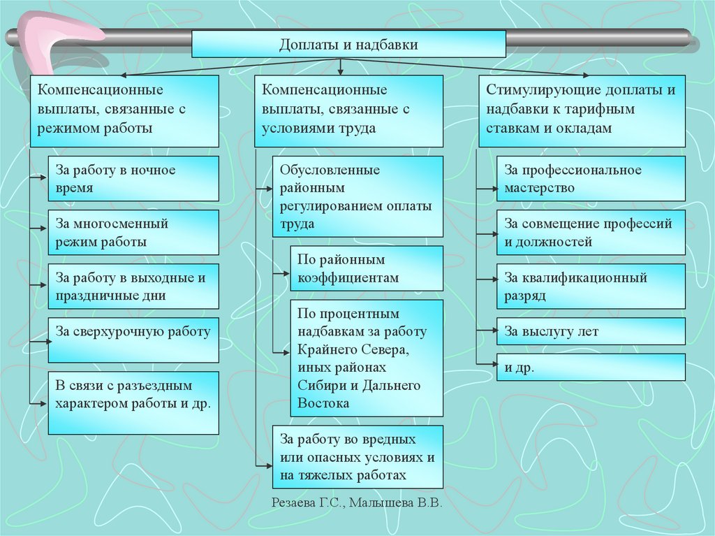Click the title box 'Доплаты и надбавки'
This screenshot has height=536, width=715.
coord(348,45)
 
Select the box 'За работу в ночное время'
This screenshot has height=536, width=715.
coord(133,179)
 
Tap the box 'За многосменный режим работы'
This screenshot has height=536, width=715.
coord(133,233)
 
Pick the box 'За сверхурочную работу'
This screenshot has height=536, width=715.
coord(133,340)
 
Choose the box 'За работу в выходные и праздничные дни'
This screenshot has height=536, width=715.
coord(133,287)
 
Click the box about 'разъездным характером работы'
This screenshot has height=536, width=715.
coord(133,403)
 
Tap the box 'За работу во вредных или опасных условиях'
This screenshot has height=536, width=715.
coord(357,457)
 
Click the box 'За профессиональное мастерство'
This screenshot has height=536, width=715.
coord(591,179)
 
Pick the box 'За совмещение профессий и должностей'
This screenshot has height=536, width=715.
coord(591,233)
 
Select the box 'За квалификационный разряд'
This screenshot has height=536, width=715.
coord(591,287)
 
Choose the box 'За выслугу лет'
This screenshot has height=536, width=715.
coord(591,331)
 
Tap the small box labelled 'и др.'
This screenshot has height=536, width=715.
coord(591,367)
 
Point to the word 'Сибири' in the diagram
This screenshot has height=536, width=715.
coord(318,386)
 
